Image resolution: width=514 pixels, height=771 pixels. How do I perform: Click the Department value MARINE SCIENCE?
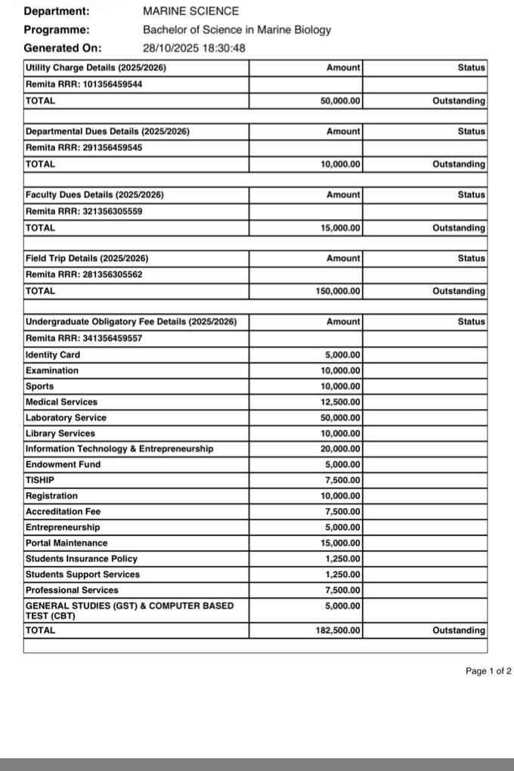190,11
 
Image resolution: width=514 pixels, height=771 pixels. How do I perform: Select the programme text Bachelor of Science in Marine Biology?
237,30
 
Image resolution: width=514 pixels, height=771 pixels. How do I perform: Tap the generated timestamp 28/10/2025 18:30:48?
194,48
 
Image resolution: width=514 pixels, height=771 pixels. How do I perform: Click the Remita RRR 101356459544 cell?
84,84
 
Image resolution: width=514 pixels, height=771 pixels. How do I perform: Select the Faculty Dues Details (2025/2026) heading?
94,195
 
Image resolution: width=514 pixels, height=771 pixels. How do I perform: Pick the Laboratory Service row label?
66,418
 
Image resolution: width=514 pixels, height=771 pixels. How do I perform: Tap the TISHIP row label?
40,481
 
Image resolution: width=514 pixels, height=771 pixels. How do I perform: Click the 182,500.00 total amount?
338,630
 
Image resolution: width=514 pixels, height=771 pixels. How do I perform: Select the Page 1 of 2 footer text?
488,671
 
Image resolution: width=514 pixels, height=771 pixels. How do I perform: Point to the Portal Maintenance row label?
67,543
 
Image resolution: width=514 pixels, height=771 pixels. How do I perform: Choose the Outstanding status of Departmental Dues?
459,164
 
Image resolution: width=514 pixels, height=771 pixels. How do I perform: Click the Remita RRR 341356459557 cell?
84,338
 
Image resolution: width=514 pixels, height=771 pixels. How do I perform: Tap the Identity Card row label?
53,355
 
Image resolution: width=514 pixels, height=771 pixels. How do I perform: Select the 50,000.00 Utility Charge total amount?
340,101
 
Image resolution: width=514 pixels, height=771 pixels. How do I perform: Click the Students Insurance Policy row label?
82,559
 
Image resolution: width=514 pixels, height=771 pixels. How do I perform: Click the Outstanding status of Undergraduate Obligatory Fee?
459,630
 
